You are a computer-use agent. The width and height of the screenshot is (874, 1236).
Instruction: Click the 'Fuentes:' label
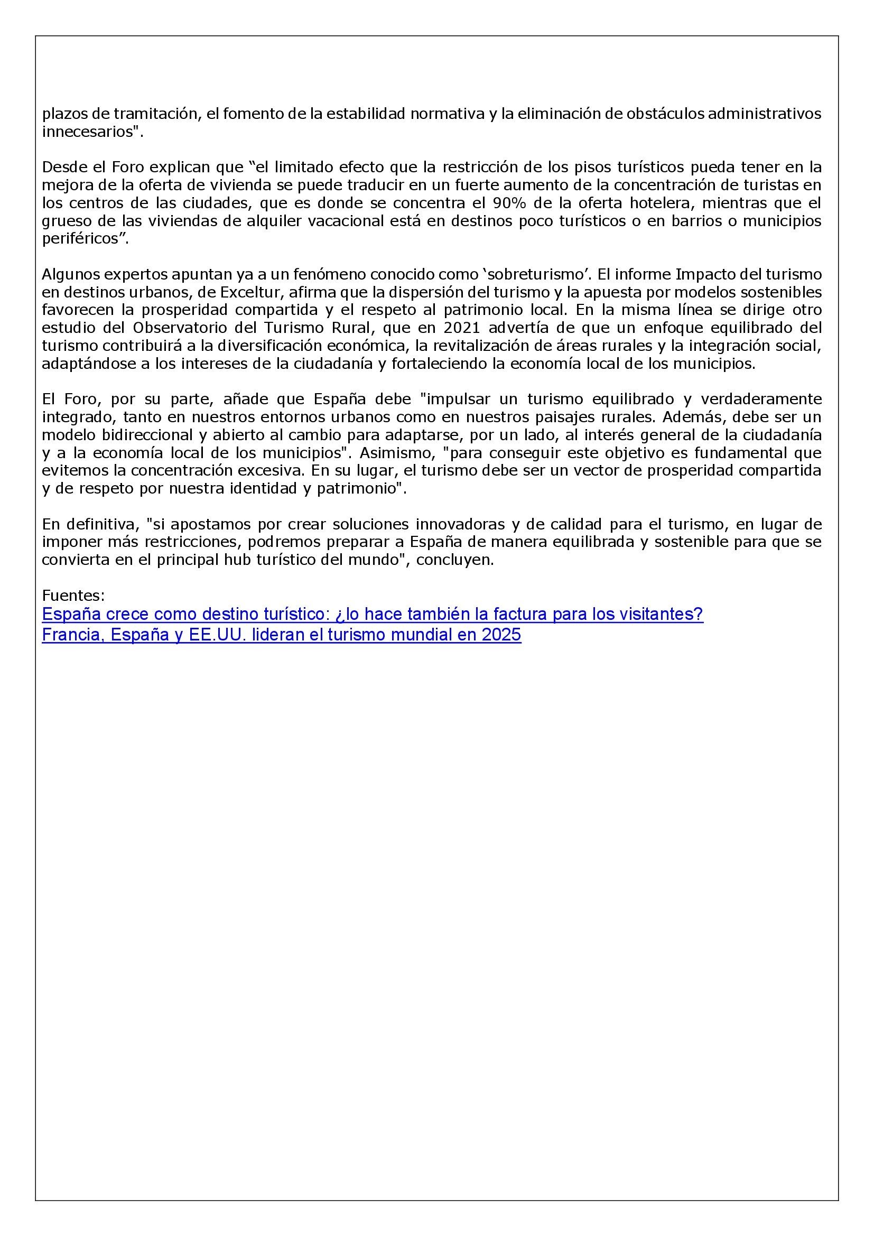tap(73, 596)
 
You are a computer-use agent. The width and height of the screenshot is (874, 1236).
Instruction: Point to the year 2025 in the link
tap(501, 635)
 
